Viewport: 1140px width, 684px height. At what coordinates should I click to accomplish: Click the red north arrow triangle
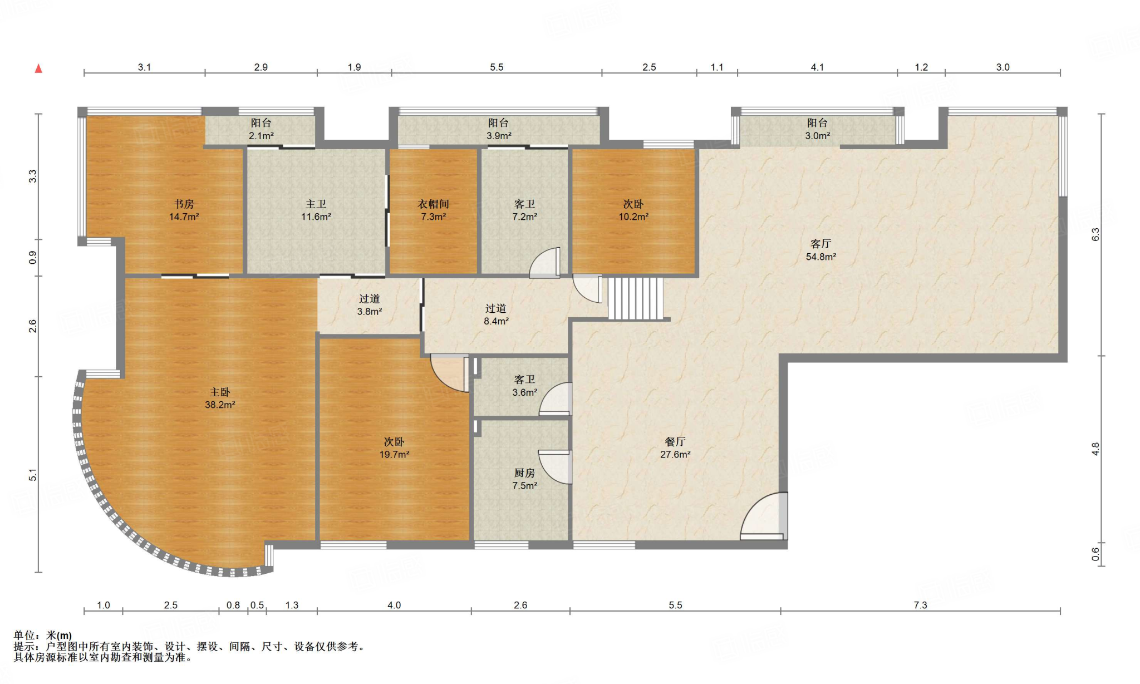pyautogui.click(x=38, y=68)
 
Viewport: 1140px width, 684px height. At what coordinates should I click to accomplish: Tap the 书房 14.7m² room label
pyautogui.click(x=184, y=210)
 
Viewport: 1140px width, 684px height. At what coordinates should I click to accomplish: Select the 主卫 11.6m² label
pyautogui.click(x=316, y=210)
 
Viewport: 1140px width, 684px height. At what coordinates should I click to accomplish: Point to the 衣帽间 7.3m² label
pyautogui.click(x=433, y=210)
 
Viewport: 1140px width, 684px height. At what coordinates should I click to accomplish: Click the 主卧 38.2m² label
pyautogui.click(x=220, y=398)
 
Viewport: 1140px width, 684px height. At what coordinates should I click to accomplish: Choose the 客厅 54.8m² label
pyautogui.click(x=821, y=250)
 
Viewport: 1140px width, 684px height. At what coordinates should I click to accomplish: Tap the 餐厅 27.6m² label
pyautogui.click(x=675, y=448)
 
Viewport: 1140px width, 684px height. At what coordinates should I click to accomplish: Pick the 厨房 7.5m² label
pyautogui.click(x=524, y=479)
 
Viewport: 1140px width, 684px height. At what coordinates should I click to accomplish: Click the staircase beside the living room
pyautogui.click(x=635, y=299)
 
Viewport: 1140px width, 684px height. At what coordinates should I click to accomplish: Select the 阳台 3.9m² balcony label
pyautogui.click(x=499, y=129)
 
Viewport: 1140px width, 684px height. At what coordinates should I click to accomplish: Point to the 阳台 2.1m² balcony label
pyautogui.click(x=261, y=129)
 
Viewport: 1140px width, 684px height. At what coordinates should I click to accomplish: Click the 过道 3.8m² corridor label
pyautogui.click(x=370, y=305)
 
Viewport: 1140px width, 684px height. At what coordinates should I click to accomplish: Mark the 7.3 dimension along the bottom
pyautogui.click(x=921, y=605)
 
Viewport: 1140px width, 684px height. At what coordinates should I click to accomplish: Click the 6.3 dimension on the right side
pyautogui.click(x=1095, y=234)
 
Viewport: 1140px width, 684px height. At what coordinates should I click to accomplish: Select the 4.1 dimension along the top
pyautogui.click(x=817, y=67)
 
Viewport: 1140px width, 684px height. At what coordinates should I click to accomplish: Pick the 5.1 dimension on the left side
pyautogui.click(x=33, y=475)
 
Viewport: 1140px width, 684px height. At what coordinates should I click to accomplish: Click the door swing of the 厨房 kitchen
pyautogui.click(x=555, y=466)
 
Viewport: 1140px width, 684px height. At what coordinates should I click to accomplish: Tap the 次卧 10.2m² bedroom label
pyautogui.click(x=633, y=210)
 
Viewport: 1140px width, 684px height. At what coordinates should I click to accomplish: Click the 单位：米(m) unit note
pyautogui.click(x=43, y=636)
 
